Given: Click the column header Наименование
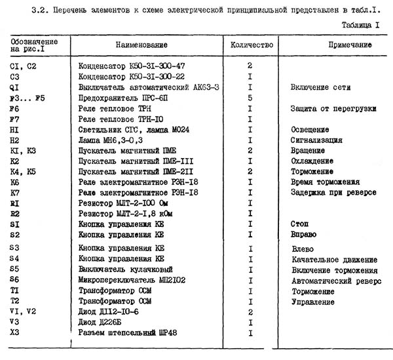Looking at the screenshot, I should coord(141,45).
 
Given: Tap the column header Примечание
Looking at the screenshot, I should coord(340,45).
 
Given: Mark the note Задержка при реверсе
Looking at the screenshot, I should coord(333,193).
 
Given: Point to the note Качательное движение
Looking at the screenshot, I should coord(334,260).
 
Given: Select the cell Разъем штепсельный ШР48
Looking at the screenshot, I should coord(124,333).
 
